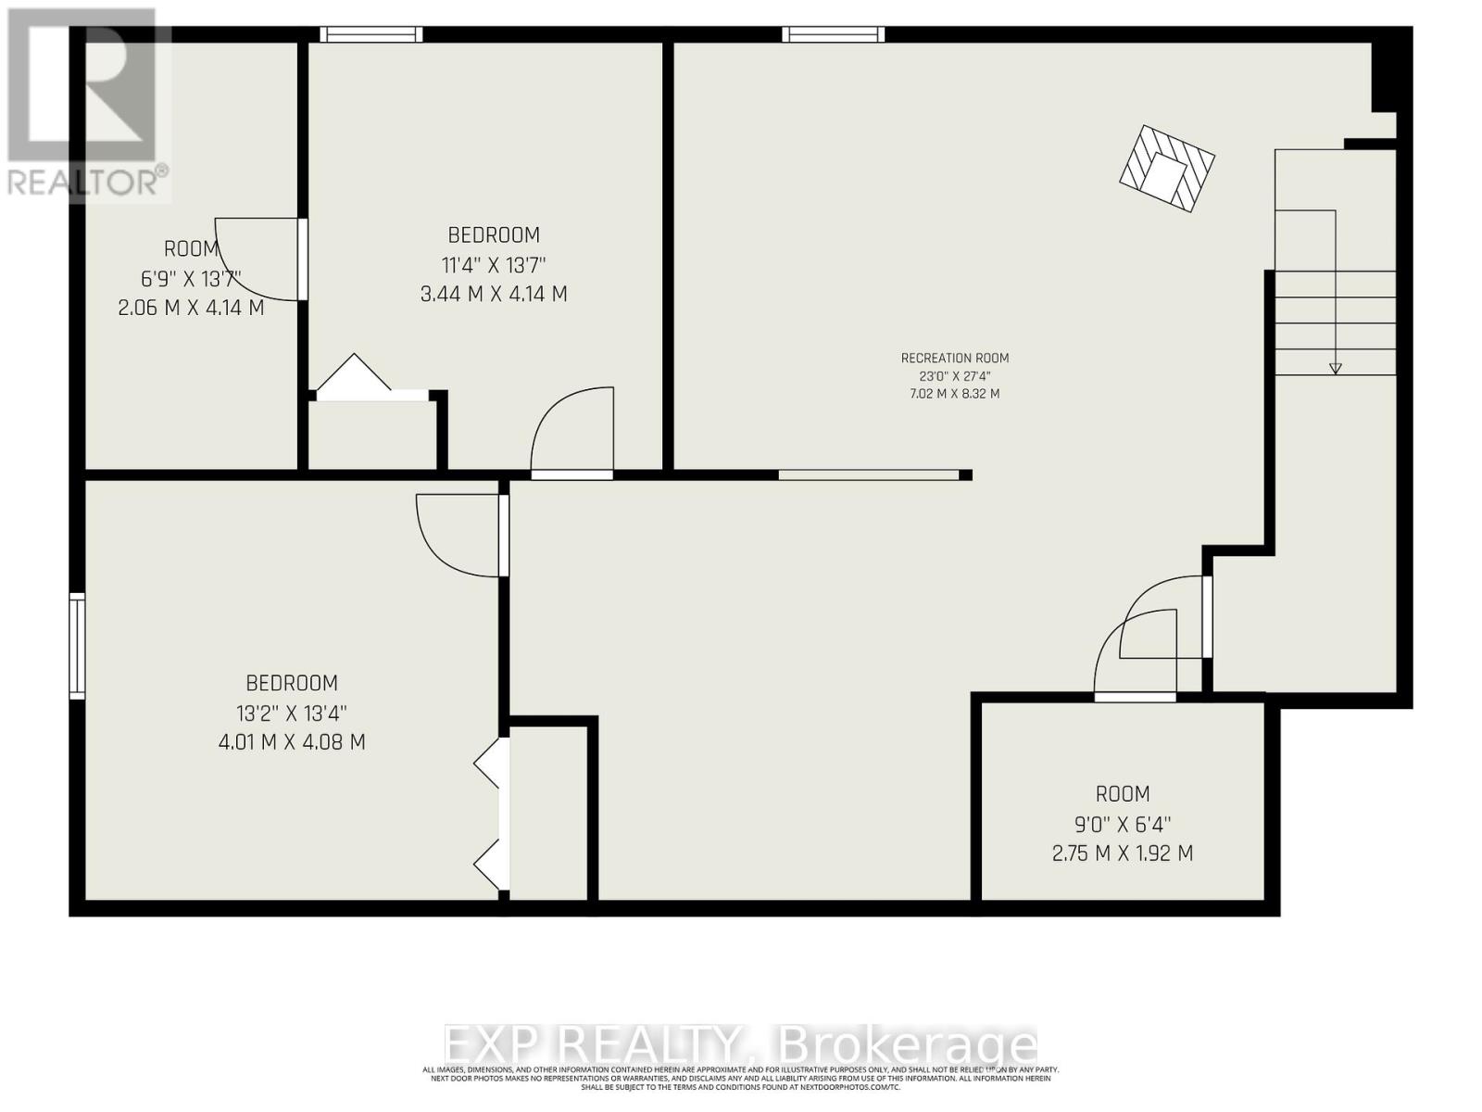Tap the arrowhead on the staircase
point(1335,368)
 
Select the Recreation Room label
point(955,359)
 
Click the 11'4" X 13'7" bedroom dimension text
point(494,265)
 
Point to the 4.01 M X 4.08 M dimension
point(292,742)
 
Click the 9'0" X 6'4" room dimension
point(1123,824)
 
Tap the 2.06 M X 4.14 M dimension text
point(191,308)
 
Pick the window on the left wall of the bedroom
point(78,646)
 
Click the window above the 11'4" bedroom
point(371,34)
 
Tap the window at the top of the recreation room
point(833,34)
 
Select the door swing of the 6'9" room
point(259,259)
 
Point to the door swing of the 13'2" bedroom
point(458,536)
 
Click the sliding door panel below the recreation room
point(869,475)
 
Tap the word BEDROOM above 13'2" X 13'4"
point(292,684)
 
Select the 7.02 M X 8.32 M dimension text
point(955,394)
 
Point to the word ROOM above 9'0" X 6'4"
point(1123,794)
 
